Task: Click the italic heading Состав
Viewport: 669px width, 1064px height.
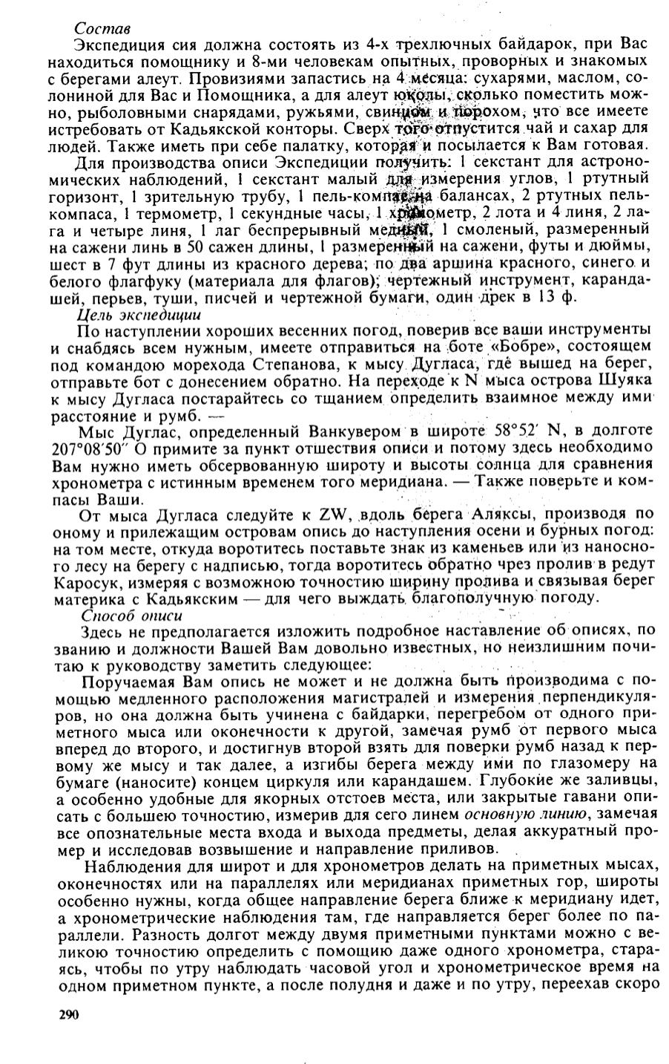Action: click(102, 28)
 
